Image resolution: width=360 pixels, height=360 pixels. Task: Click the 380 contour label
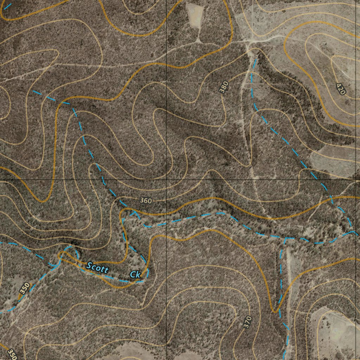(x=224, y=87)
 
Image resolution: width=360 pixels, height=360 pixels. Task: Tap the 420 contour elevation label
(x=341, y=89)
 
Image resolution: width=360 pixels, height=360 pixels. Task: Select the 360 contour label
(x=146, y=201)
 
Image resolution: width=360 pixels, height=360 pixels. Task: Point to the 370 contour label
(x=247, y=322)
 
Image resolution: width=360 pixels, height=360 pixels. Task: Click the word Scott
(x=97, y=268)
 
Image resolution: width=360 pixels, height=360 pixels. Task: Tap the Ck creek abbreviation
(x=135, y=275)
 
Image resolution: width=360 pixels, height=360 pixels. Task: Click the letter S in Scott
(x=89, y=265)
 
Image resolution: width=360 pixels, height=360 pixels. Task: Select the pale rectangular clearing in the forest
(x=195, y=15)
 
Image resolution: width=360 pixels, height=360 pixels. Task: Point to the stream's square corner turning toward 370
(x=285, y=238)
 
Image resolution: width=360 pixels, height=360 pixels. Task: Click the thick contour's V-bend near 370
(x=274, y=311)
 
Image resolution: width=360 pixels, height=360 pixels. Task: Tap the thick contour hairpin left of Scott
(x=60, y=254)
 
